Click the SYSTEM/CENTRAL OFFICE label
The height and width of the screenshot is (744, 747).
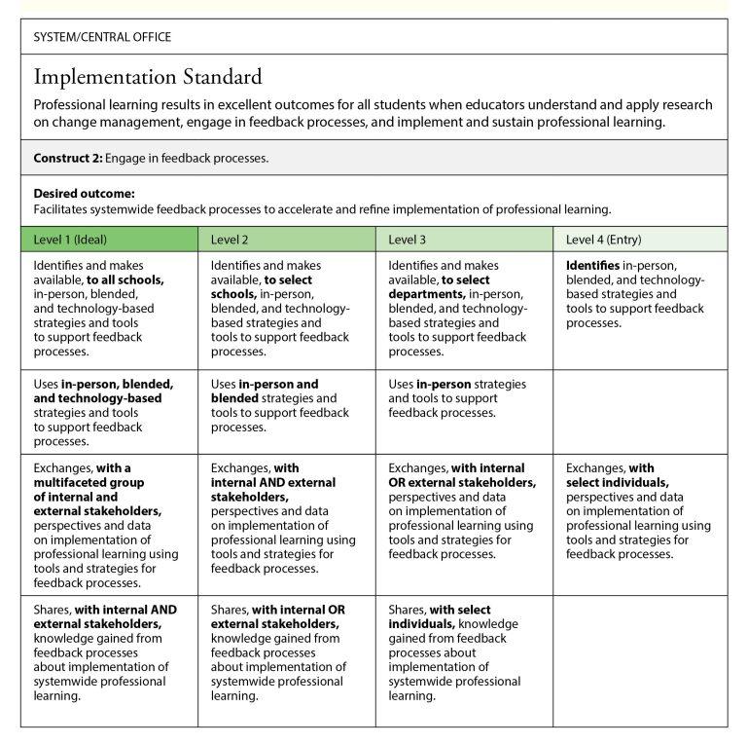pyautogui.click(x=102, y=37)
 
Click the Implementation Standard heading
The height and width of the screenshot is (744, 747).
pyautogui.click(x=148, y=77)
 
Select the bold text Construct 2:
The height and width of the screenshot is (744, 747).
pyautogui.click(x=68, y=158)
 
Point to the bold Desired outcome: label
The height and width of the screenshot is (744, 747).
pyautogui.click(x=85, y=193)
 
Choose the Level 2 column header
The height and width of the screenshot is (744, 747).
pyautogui.click(x=230, y=240)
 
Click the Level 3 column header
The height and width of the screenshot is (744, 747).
pyautogui.click(x=408, y=240)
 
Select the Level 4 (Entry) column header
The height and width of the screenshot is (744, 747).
pyautogui.click(x=603, y=240)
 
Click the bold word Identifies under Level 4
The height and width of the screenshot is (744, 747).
pyautogui.click(x=593, y=265)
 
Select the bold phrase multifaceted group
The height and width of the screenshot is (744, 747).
pyautogui.click(x=89, y=482)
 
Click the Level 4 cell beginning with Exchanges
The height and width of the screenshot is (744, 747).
pyautogui.click(x=638, y=510)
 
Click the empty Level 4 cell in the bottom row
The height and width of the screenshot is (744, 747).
pyautogui.click(x=639, y=660)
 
